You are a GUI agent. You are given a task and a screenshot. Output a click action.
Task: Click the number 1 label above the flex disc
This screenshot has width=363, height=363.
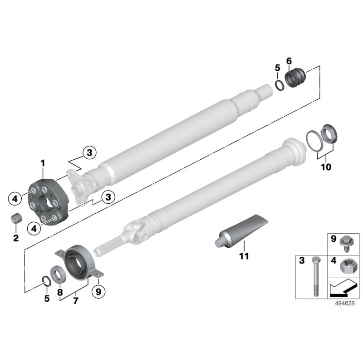click(43, 162)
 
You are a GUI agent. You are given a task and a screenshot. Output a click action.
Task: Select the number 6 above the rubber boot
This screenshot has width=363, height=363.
click(289, 61)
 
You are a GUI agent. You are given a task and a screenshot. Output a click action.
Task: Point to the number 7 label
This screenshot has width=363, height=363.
click(75, 300)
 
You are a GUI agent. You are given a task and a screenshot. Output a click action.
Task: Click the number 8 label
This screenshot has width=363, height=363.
click(60, 293)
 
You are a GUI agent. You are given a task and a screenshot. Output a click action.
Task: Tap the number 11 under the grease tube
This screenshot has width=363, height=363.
click(244, 256)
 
